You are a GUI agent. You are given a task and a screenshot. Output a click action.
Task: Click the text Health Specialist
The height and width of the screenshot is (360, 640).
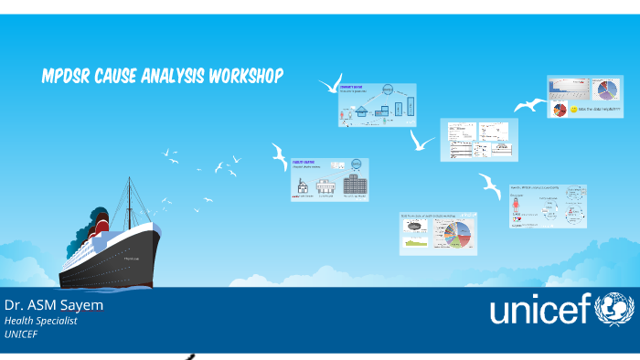coord(41,321)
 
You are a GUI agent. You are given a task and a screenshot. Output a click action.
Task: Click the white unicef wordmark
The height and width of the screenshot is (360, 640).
coord(539,311)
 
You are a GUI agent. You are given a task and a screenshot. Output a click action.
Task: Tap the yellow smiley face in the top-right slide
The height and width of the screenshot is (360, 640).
coord(574,110)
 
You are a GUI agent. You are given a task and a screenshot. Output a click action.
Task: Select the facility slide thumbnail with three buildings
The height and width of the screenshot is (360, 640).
coord(329,179)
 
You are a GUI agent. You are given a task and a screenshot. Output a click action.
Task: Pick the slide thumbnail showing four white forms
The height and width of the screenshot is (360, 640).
coord(478,140)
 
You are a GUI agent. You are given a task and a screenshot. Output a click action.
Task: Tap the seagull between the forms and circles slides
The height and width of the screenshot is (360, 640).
coord(490,186)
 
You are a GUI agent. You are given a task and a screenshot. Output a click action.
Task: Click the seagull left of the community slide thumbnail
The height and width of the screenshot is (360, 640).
coord(329,84)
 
